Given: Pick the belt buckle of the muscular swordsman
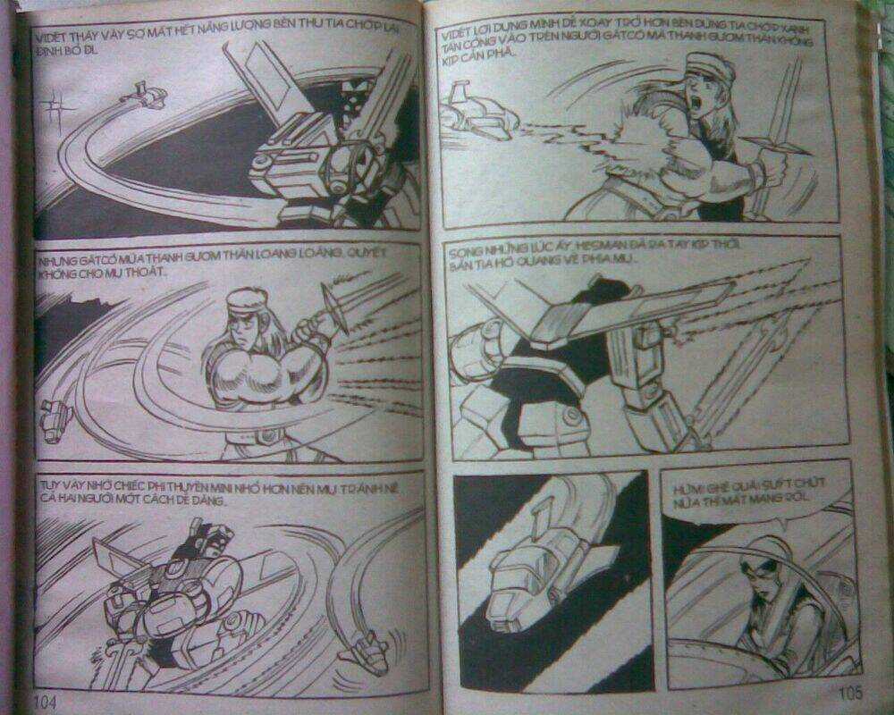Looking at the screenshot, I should pos(266,436).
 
